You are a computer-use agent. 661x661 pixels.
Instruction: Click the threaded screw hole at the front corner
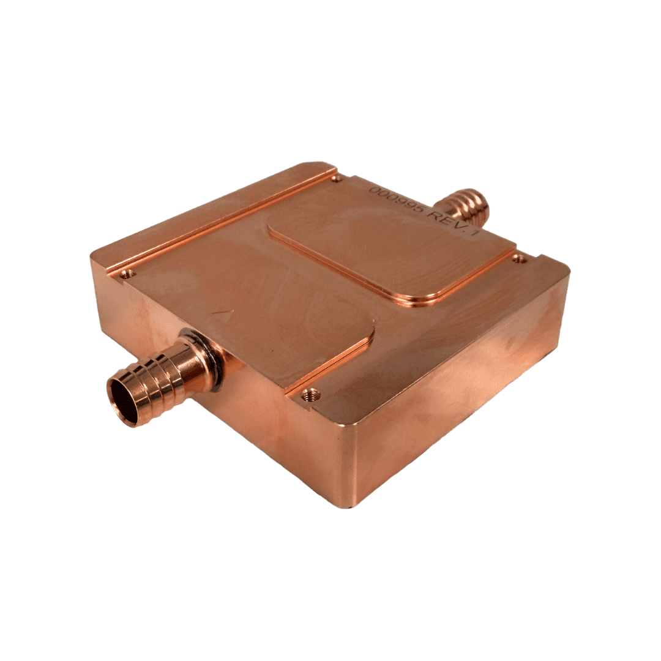pos(312,394)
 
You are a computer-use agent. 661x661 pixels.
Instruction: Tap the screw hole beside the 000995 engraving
pos(336,179)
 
